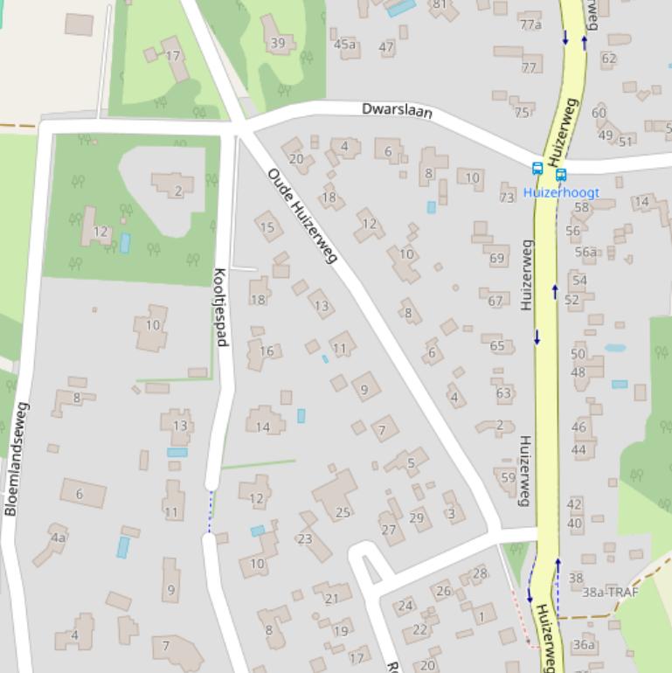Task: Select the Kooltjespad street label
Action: pos(220,306)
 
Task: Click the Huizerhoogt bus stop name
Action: pos(561,191)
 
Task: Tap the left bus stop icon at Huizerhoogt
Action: pos(537,169)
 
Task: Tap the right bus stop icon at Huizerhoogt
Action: pos(560,175)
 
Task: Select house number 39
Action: pos(278,43)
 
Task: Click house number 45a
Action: pos(345,45)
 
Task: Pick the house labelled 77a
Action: pos(530,24)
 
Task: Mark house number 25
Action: pos(343,513)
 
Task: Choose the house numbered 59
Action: pos(509,477)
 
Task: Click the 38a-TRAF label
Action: pos(610,592)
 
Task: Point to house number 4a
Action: pos(58,538)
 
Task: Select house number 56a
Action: pos(585,252)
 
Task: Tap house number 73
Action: pos(507,198)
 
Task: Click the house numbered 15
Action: pos(267,228)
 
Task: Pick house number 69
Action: pos(497,258)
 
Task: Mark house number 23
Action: pos(304,538)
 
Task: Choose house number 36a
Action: pos(583,645)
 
